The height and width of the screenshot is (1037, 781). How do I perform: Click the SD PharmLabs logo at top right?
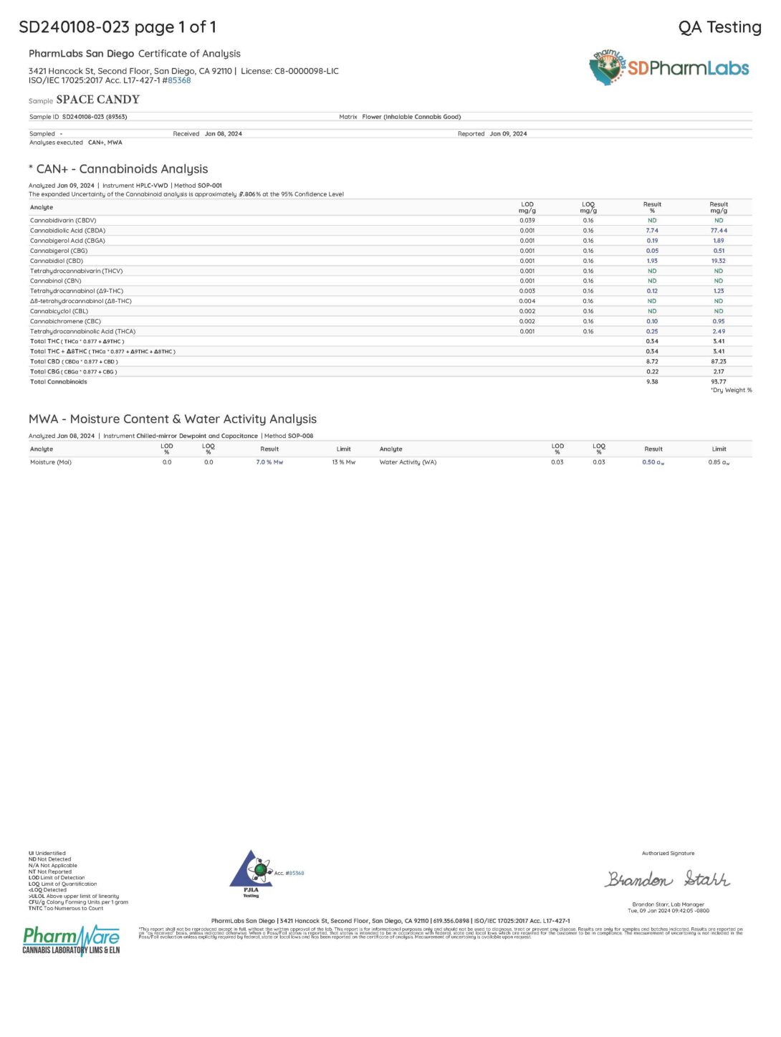[669, 68]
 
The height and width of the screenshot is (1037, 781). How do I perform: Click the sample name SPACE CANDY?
[97, 100]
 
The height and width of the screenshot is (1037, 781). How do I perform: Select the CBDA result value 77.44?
[718, 231]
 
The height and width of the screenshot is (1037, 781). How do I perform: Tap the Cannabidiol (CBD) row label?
[57, 261]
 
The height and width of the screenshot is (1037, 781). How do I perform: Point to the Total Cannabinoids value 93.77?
[718, 382]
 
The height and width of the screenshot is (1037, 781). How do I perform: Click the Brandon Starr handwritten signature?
[668, 879]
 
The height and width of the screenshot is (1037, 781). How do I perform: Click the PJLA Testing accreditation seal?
[251, 874]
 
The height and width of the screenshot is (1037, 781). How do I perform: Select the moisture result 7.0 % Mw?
[269, 462]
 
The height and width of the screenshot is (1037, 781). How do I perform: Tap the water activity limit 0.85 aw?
[719, 462]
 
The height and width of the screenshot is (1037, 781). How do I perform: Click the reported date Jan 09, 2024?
[508, 134]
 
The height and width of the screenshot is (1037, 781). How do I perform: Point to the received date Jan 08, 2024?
[223, 134]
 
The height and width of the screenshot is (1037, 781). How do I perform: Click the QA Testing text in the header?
[719, 27]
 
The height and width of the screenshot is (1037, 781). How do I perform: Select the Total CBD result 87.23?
[718, 362]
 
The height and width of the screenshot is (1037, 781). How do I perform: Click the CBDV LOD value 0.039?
[527, 221]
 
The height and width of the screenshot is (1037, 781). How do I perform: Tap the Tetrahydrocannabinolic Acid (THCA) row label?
[82, 332]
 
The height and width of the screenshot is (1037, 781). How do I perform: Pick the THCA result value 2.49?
[718, 332]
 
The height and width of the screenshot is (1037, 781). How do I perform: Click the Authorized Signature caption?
[668, 854]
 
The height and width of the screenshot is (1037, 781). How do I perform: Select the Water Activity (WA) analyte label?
[408, 462]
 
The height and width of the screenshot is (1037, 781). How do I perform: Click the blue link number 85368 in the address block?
[179, 80]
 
